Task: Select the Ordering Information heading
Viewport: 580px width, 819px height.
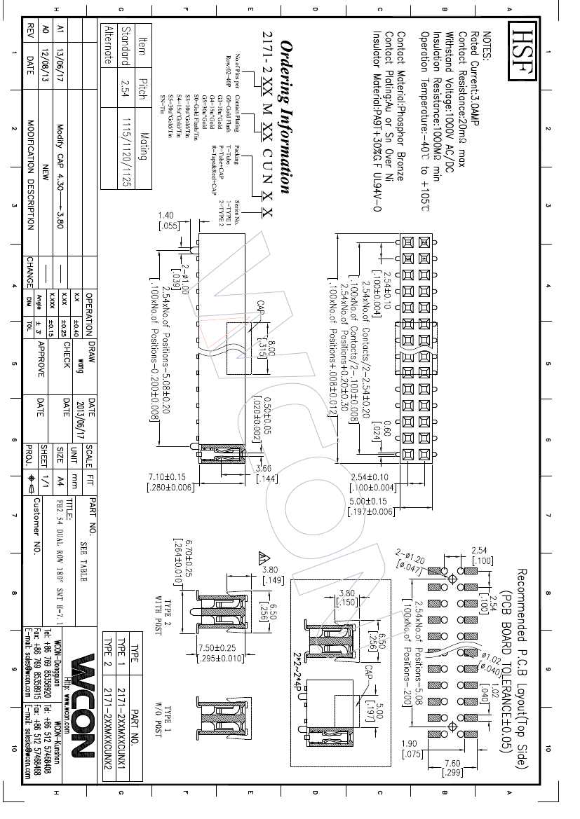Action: (x=286, y=116)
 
